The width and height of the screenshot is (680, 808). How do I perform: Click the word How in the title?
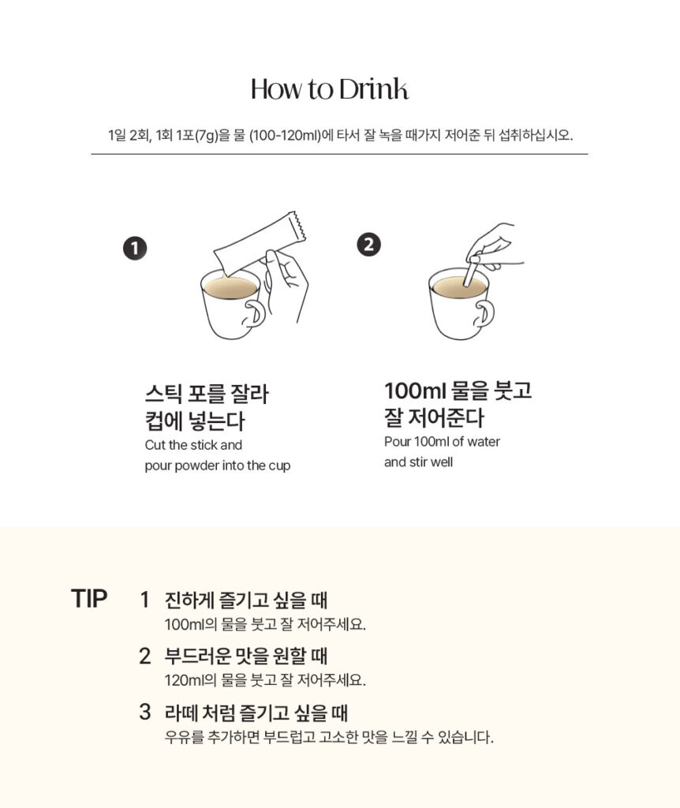point(276,89)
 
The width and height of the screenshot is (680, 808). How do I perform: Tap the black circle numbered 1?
point(135,249)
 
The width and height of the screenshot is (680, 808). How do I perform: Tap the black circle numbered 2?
point(369,245)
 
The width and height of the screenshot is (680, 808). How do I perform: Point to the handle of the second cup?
point(485,312)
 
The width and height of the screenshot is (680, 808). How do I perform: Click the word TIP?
point(89,599)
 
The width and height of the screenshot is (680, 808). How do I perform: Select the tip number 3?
point(145,712)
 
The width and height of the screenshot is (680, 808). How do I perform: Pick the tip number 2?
point(145,656)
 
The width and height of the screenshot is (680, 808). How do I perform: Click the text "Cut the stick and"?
point(193,445)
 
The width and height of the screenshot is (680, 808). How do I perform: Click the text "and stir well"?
point(418,462)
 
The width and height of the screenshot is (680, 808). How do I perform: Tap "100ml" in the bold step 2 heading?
point(415,391)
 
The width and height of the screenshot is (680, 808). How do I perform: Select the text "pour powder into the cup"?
point(218,466)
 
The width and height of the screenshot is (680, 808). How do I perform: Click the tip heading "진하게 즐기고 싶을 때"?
point(245,600)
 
